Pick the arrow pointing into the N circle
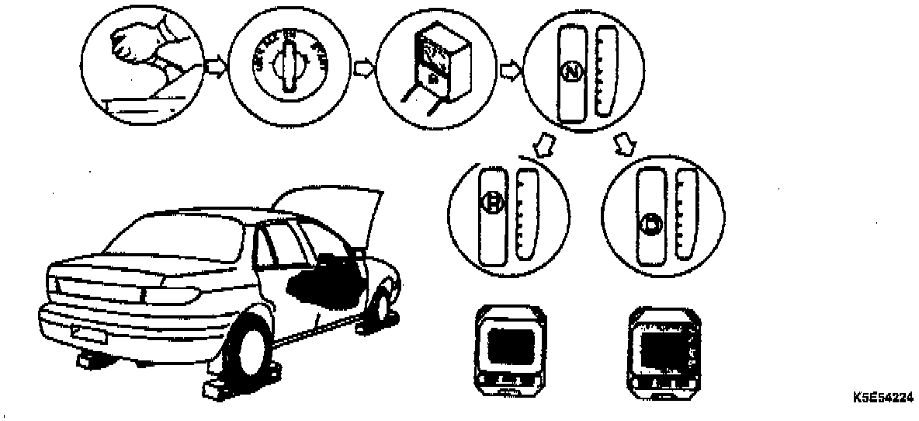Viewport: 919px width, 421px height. pyautogui.click(x=510, y=71)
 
